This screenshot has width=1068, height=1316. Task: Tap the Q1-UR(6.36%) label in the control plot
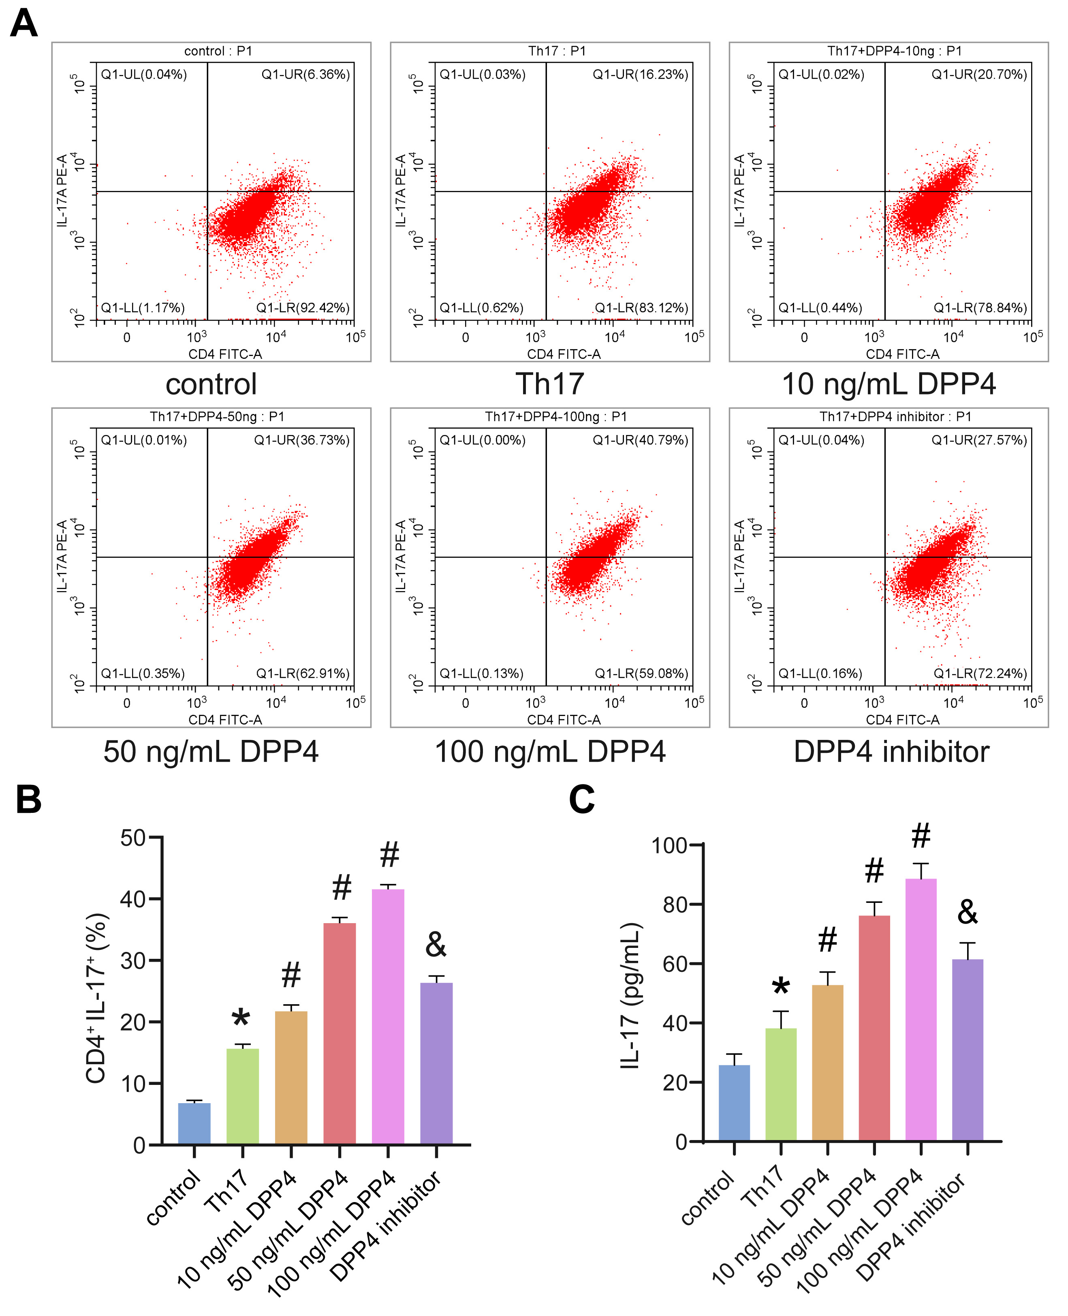tap(305, 75)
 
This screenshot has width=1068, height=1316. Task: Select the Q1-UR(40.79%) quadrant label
tap(641, 440)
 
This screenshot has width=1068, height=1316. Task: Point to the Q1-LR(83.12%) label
tap(641, 308)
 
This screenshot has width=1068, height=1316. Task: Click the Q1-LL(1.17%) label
tap(143, 308)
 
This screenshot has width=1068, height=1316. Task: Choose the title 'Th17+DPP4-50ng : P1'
tap(217, 417)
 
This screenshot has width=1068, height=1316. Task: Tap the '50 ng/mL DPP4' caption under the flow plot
tap(211, 752)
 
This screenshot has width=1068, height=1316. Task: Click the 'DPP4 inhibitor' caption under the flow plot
tap(891, 752)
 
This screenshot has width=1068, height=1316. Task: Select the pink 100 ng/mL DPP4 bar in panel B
tap(388, 1016)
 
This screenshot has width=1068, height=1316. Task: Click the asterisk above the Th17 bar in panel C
tap(781, 987)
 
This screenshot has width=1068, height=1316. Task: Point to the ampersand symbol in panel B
tap(436, 945)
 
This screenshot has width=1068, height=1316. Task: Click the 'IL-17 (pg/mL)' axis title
tap(630, 995)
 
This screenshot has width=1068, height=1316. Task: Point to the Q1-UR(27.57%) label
tap(979, 440)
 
